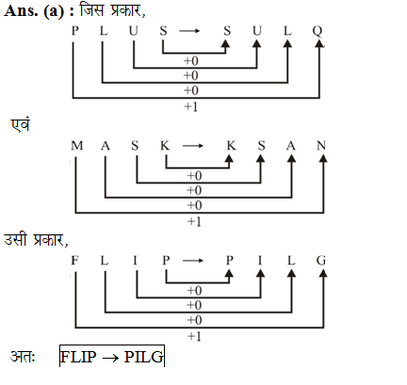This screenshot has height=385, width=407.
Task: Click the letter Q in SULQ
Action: pyautogui.click(x=317, y=31)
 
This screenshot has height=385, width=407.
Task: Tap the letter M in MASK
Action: pyautogui.click(x=77, y=146)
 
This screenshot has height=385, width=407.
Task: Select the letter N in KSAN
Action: pyautogui.click(x=321, y=146)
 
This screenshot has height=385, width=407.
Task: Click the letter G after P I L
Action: pyautogui.click(x=321, y=261)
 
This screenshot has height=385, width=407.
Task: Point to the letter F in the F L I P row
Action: pyautogui.click(x=74, y=261)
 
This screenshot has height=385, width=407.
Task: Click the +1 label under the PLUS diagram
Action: pyautogui.click(x=190, y=107)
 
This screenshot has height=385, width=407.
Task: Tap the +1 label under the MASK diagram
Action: pyautogui.click(x=194, y=222)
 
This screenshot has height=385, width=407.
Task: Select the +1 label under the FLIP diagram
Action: pyautogui.click(x=194, y=337)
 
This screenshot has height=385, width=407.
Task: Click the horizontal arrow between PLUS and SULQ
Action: pyautogui.click(x=189, y=31)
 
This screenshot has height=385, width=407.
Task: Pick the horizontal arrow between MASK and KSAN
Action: pyautogui.click(x=193, y=146)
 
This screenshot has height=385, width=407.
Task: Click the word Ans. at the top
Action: pyautogui.click(x=22, y=11)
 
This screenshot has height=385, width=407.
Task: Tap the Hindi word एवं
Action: pyautogui.click(x=21, y=124)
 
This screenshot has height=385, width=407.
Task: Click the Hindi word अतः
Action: pyautogui.click(x=23, y=357)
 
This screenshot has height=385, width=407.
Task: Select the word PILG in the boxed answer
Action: pyautogui.click(x=144, y=357)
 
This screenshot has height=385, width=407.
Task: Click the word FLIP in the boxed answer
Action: pyautogui.click(x=78, y=357)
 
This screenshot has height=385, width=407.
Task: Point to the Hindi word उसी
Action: pyautogui.click(x=16, y=239)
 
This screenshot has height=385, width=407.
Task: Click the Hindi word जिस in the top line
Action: pyautogui.click(x=91, y=10)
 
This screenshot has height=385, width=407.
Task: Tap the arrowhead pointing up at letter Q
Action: pyautogui.click(x=319, y=44)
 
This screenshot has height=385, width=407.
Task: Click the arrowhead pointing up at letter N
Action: pyautogui.click(x=323, y=158)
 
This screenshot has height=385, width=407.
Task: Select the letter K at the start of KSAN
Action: pyautogui.click(x=231, y=146)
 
